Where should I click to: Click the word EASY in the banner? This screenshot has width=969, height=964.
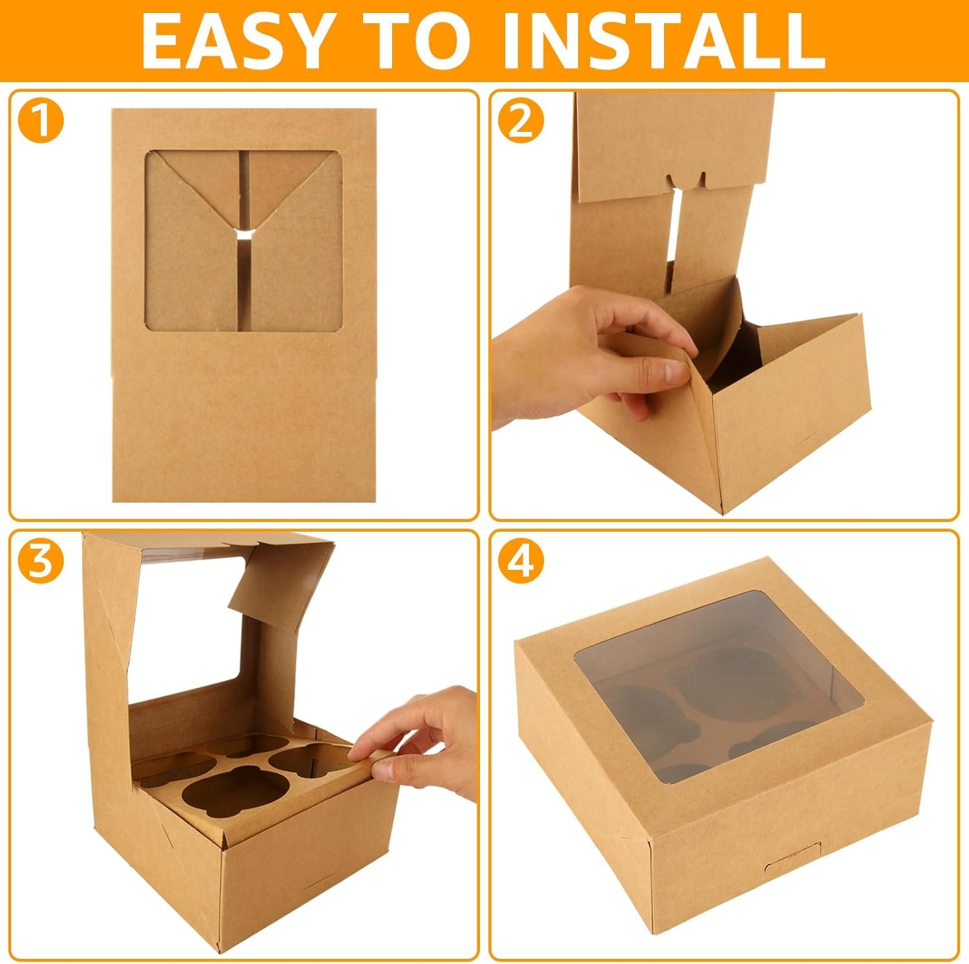[x=234, y=40]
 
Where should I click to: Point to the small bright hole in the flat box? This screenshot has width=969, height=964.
[x=244, y=233]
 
